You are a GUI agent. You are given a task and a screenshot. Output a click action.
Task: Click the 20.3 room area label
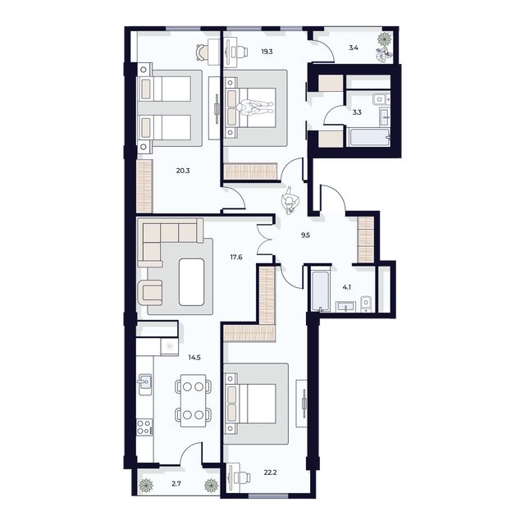click(x=183, y=171)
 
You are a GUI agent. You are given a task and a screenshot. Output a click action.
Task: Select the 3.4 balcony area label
click(x=354, y=48)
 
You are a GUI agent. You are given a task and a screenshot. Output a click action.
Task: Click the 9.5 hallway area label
click(x=305, y=235)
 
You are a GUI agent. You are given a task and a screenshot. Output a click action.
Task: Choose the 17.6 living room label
click(x=236, y=257)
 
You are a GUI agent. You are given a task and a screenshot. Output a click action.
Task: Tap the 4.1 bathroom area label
click(x=347, y=287)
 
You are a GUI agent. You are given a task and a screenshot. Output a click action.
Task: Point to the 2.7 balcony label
click(x=176, y=485)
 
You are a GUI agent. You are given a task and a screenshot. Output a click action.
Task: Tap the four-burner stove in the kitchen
click(x=144, y=427)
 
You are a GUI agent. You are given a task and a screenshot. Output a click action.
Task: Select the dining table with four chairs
click(x=194, y=399)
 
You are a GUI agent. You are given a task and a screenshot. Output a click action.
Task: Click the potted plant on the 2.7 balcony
click(x=146, y=485)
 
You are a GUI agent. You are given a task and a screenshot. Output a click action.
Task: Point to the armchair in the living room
click(x=153, y=291)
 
